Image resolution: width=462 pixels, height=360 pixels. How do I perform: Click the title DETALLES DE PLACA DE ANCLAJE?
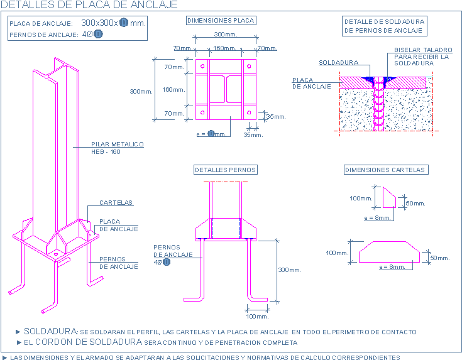[x=89, y=5]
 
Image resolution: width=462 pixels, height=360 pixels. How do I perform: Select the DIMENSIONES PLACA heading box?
[x=221, y=20]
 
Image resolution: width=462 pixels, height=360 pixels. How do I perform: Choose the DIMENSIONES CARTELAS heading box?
[x=386, y=170]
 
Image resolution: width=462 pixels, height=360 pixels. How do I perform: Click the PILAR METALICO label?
[x=118, y=145]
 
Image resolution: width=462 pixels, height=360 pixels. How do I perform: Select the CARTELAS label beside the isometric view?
[x=116, y=203]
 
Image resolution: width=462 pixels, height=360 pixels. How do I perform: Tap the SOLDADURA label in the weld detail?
[x=338, y=63]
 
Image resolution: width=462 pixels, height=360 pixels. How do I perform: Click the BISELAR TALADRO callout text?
[x=423, y=50]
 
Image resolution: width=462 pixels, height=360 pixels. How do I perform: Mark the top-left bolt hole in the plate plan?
[x=202, y=67]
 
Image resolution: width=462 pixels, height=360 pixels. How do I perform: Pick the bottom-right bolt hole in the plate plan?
[x=250, y=112]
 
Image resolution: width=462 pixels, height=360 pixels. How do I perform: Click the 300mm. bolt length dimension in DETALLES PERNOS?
[x=290, y=270]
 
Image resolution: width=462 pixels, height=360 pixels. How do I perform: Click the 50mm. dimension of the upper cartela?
[x=415, y=204]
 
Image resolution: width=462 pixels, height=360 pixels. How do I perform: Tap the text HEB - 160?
[x=106, y=152]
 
